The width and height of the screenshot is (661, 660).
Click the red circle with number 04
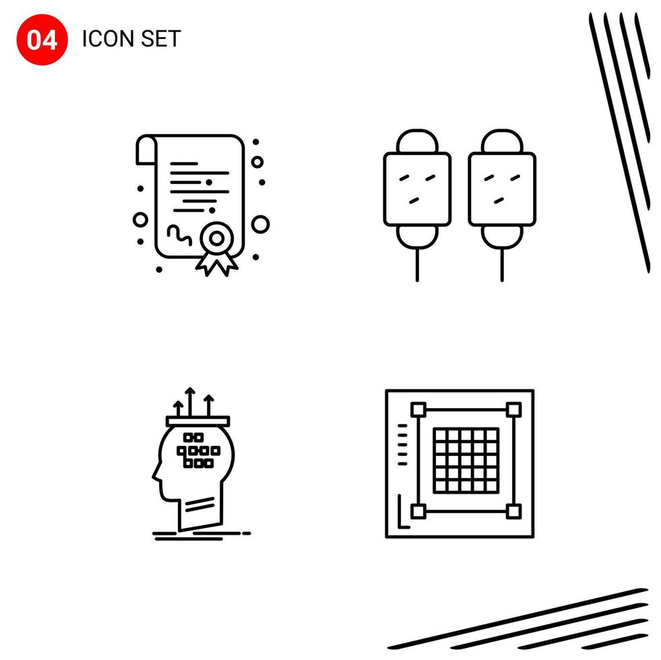pyautogui.click(x=42, y=40)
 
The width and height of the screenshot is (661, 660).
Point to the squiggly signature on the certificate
pyautogui.click(x=177, y=234)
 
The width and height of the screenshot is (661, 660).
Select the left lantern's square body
pyautogui.click(x=417, y=189)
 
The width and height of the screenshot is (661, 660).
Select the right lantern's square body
pyautogui.click(x=502, y=189)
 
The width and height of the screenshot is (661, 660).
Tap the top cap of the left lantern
pyautogui.click(x=417, y=141)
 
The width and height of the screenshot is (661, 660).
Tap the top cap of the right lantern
pyautogui.click(x=502, y=141)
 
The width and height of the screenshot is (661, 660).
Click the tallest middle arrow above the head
pyautogui.click(x=191, y=400)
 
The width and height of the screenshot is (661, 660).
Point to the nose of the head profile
pyautogui.click(x=155, y=479)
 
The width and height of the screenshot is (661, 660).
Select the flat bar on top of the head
pyautogui.click(x=199, y=421)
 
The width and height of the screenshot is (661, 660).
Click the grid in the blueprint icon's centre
pyautogui.click(x=466, y=459)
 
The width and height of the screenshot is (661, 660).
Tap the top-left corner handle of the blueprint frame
pyautogui.click(x=418, y=409)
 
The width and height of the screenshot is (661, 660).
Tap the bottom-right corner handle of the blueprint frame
pyautogui.click(x=513, y=511)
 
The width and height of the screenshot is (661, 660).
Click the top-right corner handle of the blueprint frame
pyautogui.click(x=513, y=409)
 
